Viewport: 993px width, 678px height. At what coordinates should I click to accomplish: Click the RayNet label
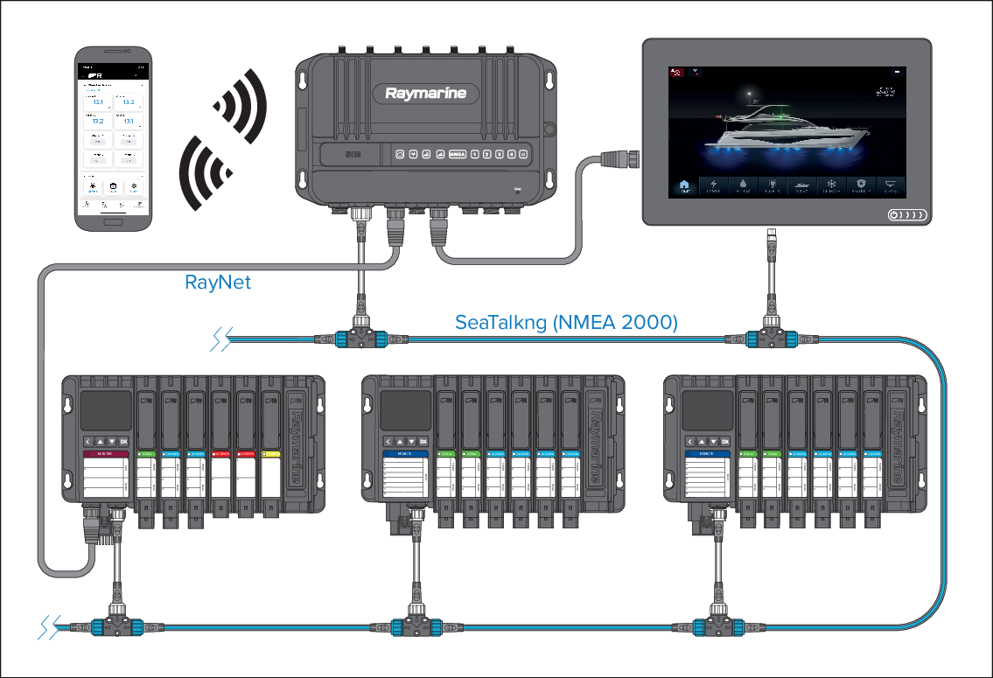(x=218, y=283)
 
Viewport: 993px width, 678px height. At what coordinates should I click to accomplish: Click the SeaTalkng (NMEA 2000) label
(x=566, y=323)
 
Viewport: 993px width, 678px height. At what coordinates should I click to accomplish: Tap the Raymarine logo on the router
(x=425, y=94)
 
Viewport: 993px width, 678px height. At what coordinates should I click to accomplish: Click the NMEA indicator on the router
(x=457, y=155)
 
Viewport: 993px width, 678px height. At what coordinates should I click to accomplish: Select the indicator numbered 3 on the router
(x=499, y=155)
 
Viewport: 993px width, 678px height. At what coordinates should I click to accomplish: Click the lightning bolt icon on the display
(x=713, y=185)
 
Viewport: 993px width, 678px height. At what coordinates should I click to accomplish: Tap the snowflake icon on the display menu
(x=831, y=185)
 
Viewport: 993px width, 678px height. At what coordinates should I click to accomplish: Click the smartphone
(x=111, y=140)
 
